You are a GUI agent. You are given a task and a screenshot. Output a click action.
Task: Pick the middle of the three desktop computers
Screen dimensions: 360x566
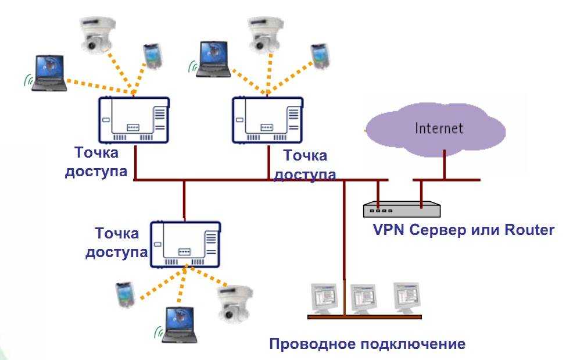click(364, 297)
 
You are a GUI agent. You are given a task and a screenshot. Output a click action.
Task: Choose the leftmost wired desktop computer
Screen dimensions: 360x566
click(323, 298)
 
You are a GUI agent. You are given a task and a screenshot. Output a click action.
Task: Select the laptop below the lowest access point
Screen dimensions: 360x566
click(175, 323)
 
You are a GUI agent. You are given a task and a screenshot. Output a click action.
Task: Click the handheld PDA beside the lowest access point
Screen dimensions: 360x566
click(124, 297)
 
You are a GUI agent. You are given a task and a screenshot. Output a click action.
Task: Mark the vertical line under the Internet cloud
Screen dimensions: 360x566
click(444, 164)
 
